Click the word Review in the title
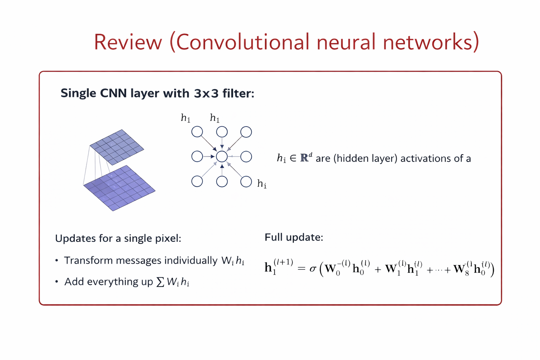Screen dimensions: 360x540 (x=128, y=42)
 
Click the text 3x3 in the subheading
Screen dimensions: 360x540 (x=206, y=94)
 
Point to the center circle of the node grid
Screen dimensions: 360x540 (x=222, y=156)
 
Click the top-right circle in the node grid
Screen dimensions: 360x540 (x=246, y=132)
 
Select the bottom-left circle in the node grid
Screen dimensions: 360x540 (x=197, y=181)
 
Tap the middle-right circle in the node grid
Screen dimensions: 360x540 (x=246, y=156)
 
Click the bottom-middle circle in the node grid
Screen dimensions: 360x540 (x=222, y=181)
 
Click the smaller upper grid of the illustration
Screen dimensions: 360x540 (x=117, y=147)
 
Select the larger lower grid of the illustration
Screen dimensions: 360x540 (x=119, y=188)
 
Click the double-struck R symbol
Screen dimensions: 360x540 (x=304, y=158)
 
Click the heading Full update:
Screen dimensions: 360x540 (x=294, y=237)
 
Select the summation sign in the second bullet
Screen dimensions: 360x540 (x=160, y=282)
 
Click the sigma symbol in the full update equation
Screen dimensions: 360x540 (x=313, y=269)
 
